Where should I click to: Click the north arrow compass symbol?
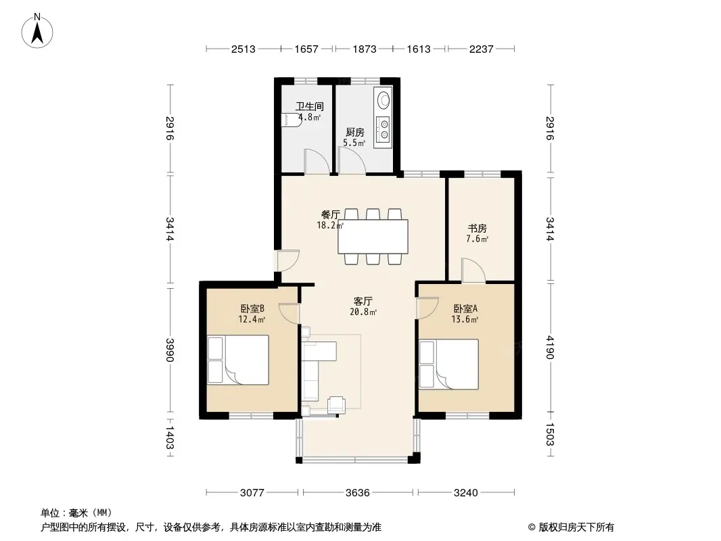pos(37,30)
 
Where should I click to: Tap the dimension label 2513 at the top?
pos(243,49)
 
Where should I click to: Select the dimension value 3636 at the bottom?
pos(357,493)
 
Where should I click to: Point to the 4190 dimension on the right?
pos(551,348)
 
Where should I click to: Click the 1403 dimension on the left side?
pos(170,438)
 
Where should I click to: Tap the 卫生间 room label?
pos(310,106)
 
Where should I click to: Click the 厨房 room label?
pos(355,133)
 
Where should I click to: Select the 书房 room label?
pos(478,229)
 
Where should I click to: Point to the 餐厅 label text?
pos(330,214)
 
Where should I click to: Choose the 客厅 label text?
pos(363,302)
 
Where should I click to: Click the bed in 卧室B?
pos(238,360)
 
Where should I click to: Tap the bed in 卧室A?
pos(449,364)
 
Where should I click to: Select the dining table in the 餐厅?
pos(373,237)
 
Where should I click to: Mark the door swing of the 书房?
pos(473,270)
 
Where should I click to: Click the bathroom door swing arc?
pos(317,162)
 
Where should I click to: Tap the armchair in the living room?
pos(336,404)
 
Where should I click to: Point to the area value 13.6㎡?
pos(465,319)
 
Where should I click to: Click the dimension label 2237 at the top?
pos(482,49)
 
